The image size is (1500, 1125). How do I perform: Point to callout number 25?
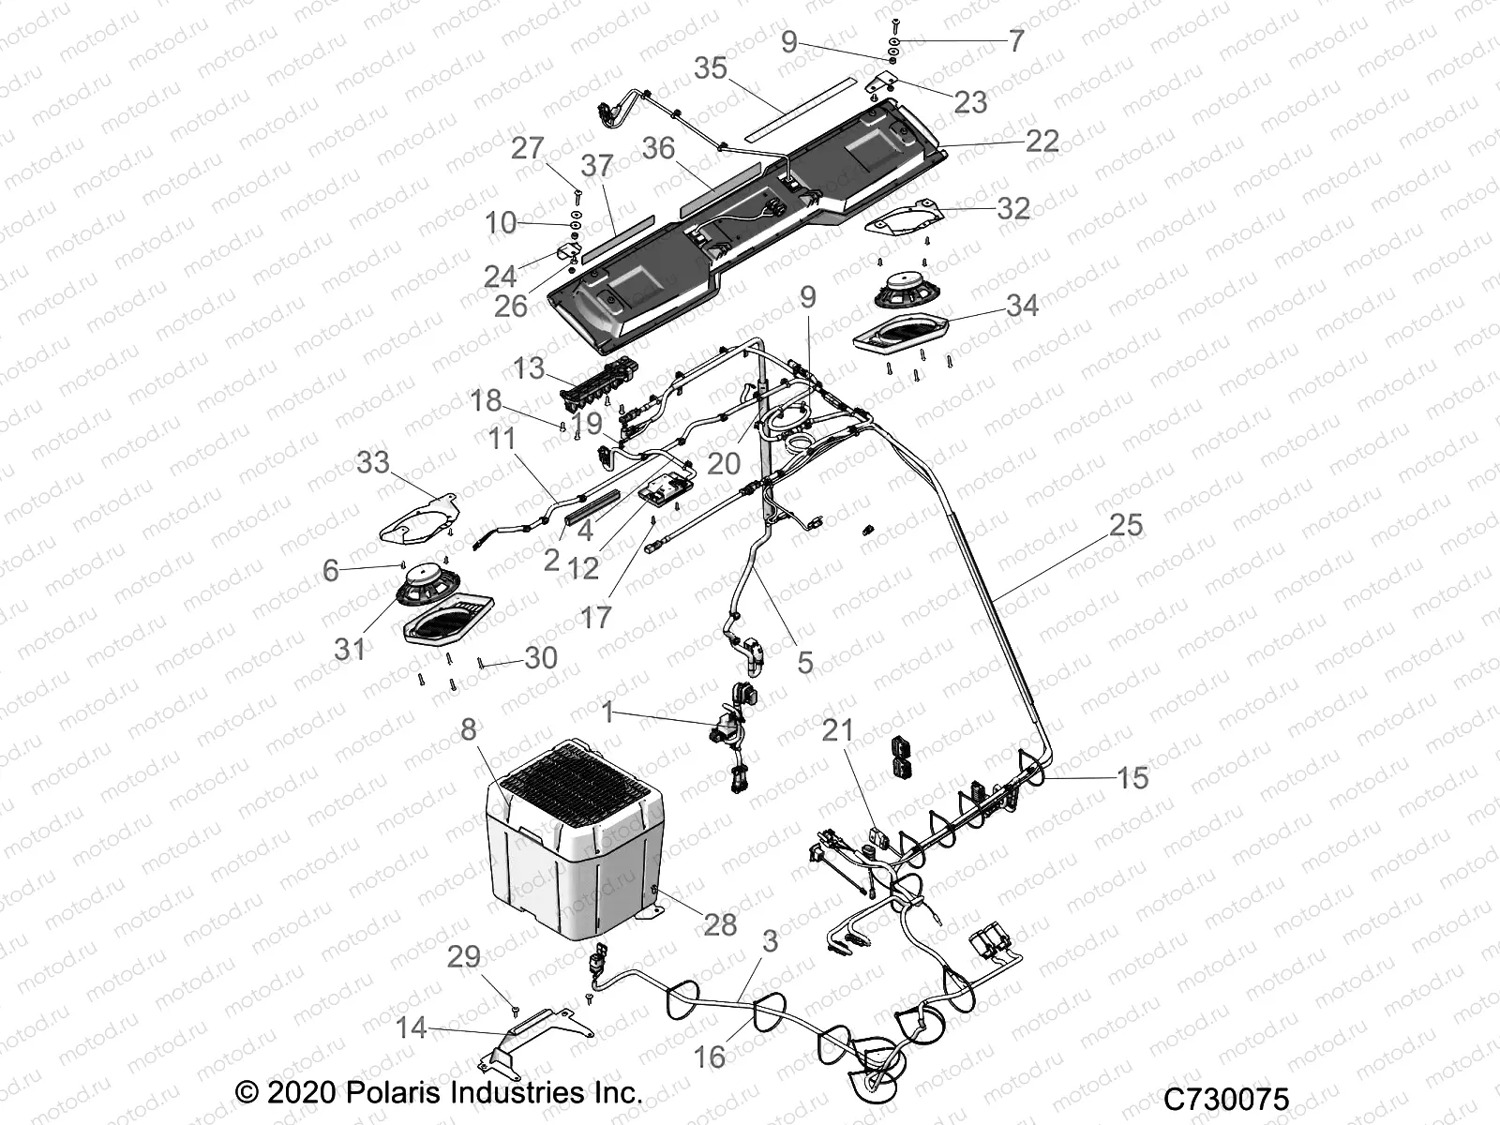(x=1126, y=525)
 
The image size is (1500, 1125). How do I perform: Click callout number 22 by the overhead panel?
(x=1042, y=141)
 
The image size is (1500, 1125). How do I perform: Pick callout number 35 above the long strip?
(x=711, y=68)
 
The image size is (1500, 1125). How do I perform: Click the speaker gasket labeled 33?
(x=418, y=516)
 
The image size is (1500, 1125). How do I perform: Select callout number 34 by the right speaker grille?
(x=1022, y=306)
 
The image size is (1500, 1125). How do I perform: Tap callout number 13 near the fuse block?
(x=528, y=367)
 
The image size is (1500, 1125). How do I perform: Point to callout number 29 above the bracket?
(x=464, y=957)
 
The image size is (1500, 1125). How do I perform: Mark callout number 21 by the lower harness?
(x=838, y=729)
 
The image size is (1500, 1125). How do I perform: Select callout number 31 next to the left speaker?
(x=350, y=648)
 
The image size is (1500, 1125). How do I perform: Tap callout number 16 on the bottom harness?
(x=709, y=1057)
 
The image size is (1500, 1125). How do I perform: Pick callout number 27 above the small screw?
(x=528, y=148)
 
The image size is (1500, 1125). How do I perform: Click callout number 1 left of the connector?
(x=607, y=713)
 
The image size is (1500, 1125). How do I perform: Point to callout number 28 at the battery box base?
(x=720, y=924)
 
